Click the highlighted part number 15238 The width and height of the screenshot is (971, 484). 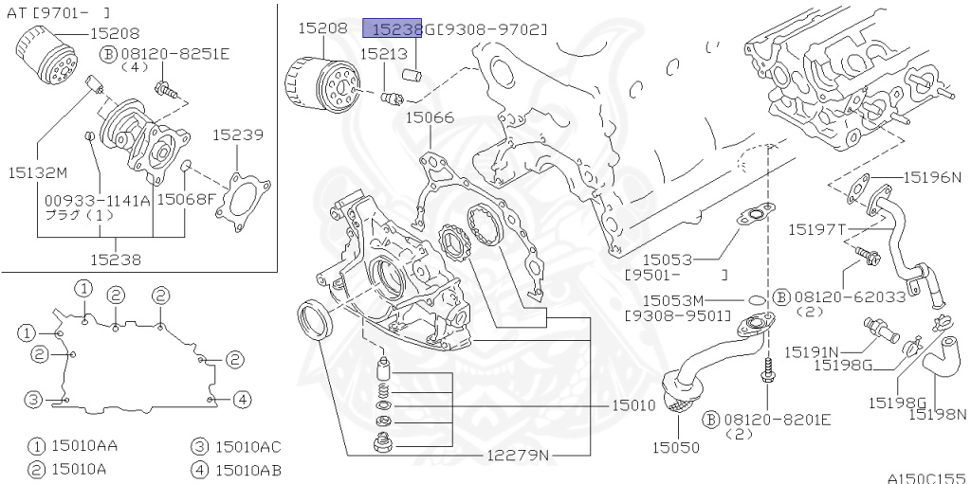pos(393,29)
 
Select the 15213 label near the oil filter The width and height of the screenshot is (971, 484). pos(382,55)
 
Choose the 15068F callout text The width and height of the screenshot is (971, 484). pos(186,199)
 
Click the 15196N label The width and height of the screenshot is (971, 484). pos(932,176)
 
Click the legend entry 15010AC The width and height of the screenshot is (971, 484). pos(247,447)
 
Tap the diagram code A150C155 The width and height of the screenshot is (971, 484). pos(925,477)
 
